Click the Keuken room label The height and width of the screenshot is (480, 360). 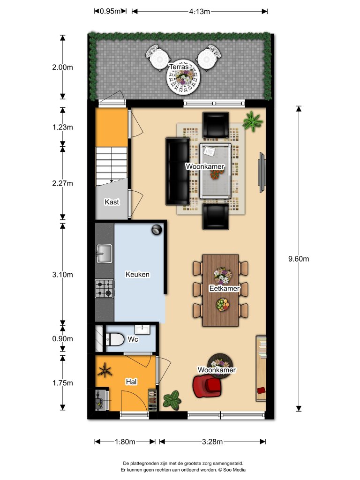[137, 274]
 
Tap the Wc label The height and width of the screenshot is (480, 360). [133, 339]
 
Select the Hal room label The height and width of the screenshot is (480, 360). [131, 382]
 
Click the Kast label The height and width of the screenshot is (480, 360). [112, 202]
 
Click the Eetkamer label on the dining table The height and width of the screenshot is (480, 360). [224, 289]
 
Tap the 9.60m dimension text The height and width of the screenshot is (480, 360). [299, 258]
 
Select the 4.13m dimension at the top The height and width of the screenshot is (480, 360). [199, 11]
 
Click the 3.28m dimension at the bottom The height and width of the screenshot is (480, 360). [212, 441]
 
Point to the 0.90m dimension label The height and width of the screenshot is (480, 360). [62, 339]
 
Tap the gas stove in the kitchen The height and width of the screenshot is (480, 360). [104, 289]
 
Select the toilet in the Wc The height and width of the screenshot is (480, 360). [114, 339]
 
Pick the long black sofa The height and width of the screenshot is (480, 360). [177, 172]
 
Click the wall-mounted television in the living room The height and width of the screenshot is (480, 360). [261, 172]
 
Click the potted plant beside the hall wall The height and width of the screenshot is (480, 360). [172, 399]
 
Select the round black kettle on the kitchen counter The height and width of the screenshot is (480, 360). [156, 229]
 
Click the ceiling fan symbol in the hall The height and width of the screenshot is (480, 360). [105, 372]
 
